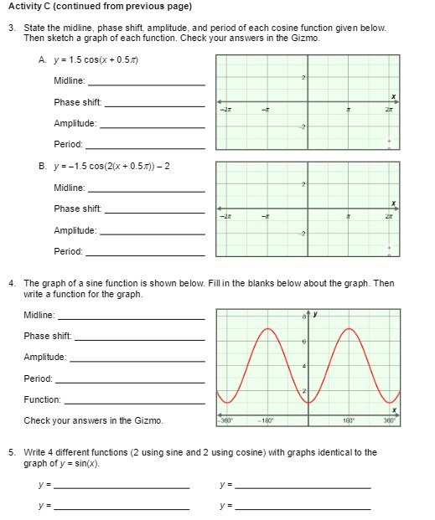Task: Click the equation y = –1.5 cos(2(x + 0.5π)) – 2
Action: coord(111,166)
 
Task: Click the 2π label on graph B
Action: coord(389,216)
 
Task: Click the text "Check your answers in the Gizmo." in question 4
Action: coord(93,420)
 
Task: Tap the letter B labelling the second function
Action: coord(42,166)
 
